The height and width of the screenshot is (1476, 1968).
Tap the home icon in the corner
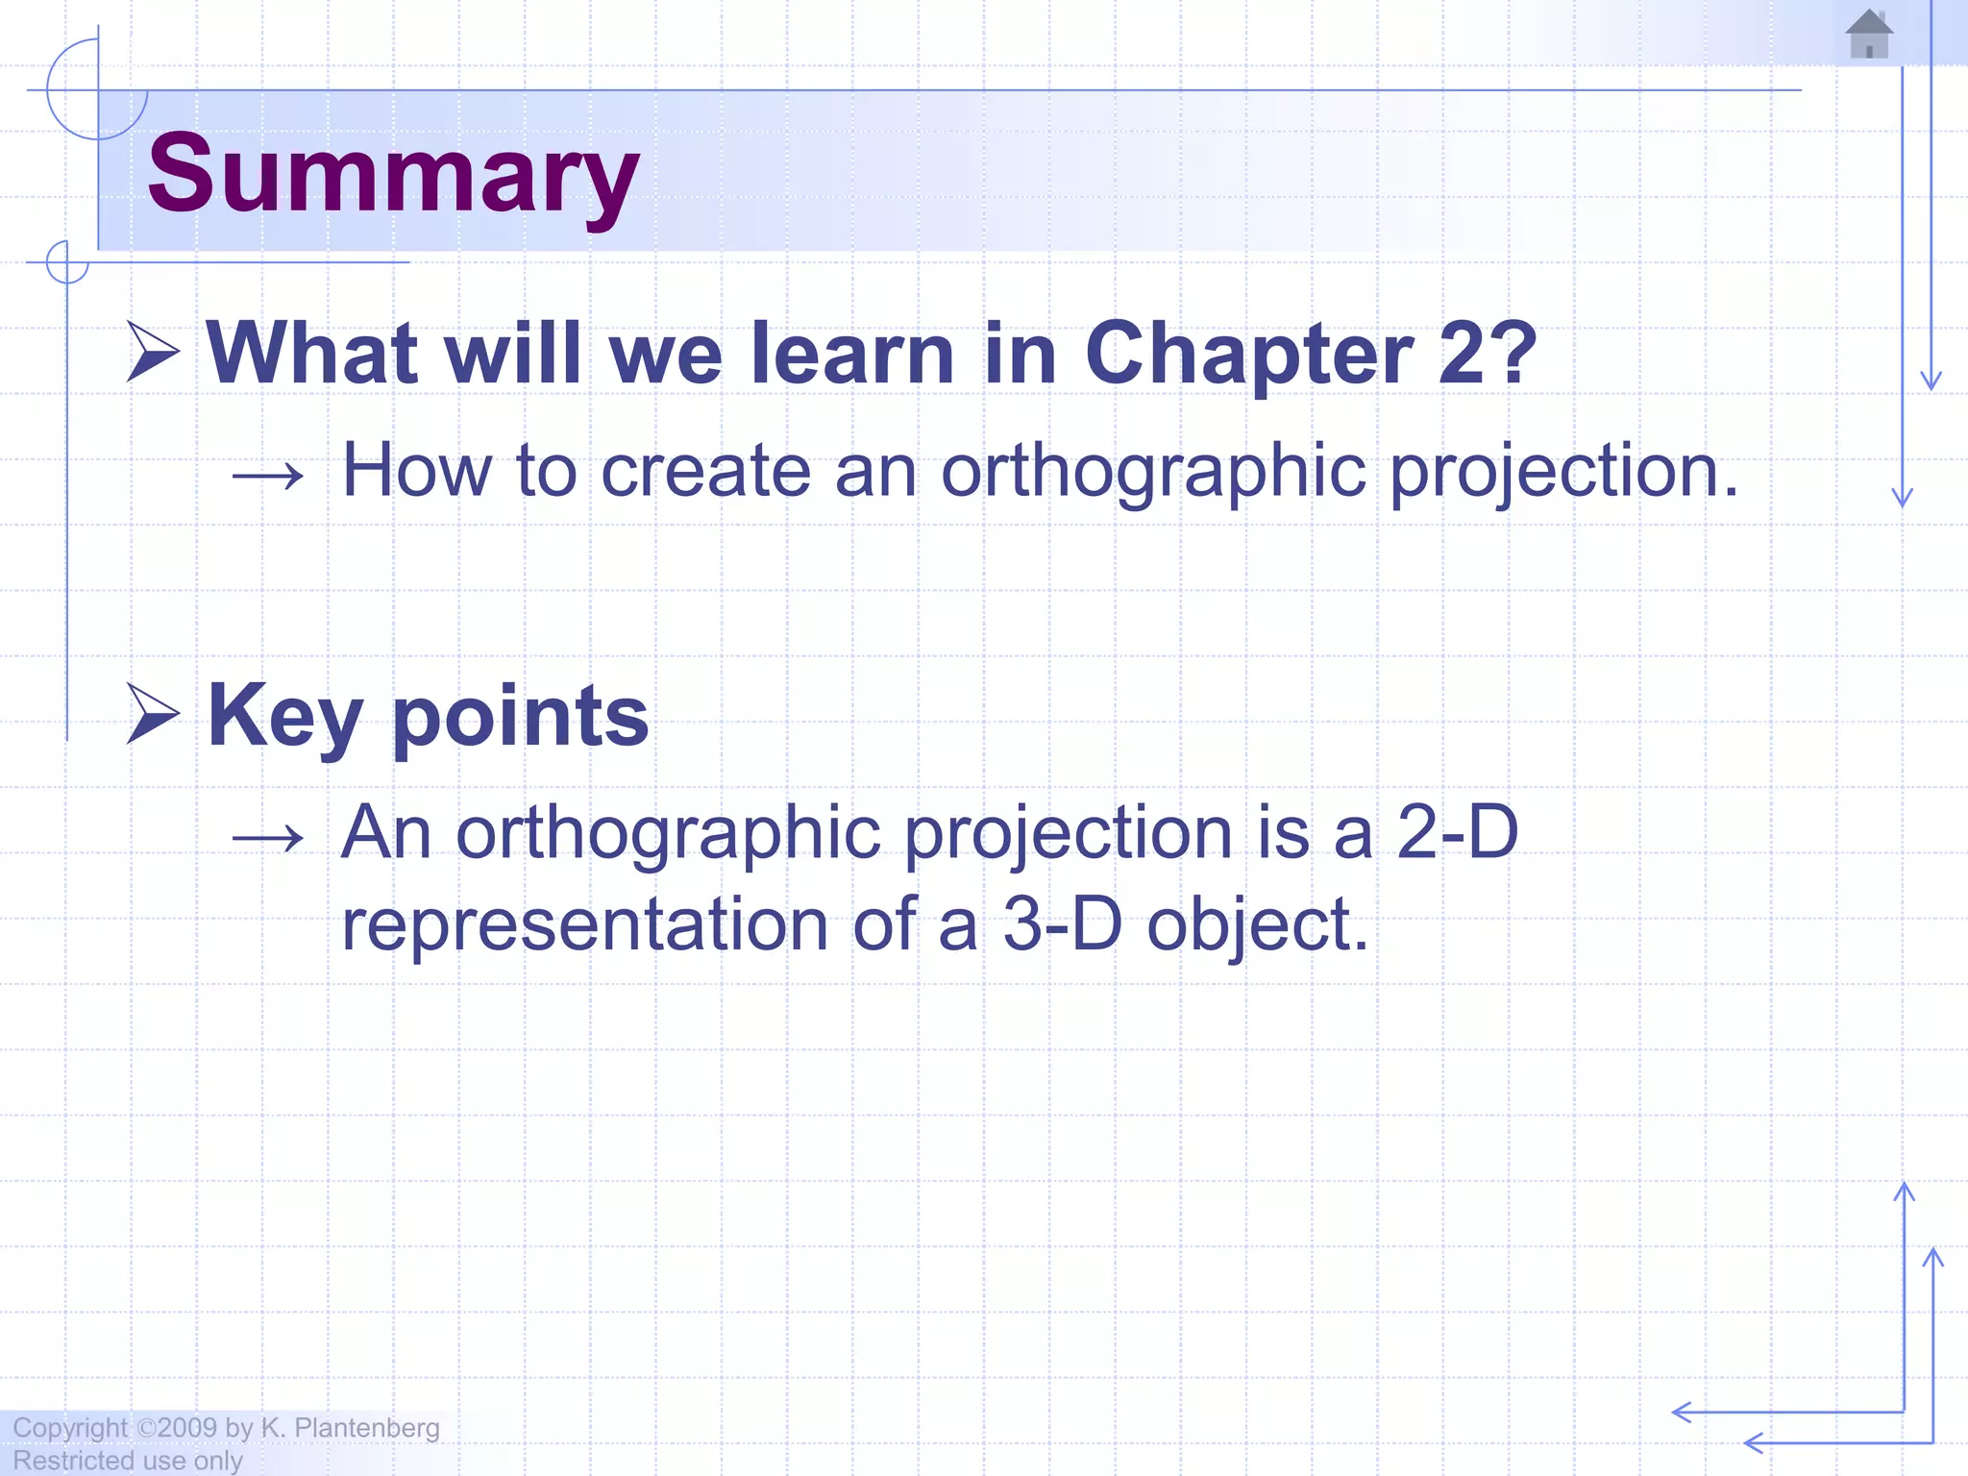1869,35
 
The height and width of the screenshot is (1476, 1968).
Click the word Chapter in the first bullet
1249,354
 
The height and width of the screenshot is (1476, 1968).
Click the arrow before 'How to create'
268,475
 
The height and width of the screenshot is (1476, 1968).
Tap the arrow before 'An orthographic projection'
268,837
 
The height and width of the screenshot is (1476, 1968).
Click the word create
705,471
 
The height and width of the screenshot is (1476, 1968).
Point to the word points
520,718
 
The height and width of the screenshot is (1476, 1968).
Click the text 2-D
1456,832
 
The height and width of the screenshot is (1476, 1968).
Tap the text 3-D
1062,924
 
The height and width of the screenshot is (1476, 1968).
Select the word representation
584,924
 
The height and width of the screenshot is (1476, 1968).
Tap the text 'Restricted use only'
128,1461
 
